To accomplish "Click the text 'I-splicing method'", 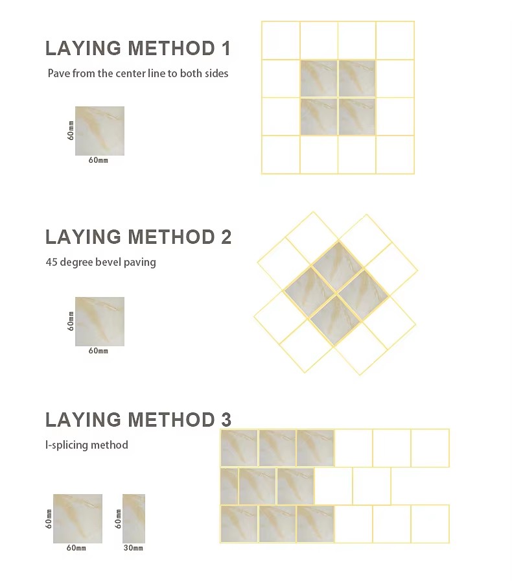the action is [x=87, y=445].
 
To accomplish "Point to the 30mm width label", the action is [x=134, y=548].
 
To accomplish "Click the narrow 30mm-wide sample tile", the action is [x=134, y=518].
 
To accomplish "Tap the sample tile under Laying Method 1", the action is [x=100, y=131].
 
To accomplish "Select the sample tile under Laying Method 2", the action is [x=100, y=321].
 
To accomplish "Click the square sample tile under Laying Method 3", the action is [x=78, y=518].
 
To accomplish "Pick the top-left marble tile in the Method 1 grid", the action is [x=319, y=78].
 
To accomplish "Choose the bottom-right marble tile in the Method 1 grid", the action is [x=356, y=117].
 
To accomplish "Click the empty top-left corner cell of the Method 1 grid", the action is [x=281, y=40].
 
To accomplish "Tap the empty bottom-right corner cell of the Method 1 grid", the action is [x=395, y=154].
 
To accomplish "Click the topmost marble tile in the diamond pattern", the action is [x=338, y=267].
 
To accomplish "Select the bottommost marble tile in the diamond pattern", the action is [x=335, y=320].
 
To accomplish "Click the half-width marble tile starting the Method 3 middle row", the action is [x=229, y=486].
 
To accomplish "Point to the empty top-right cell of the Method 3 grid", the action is [x=430, y=448].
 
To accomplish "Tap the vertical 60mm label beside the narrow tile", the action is [x=118, y=518].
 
